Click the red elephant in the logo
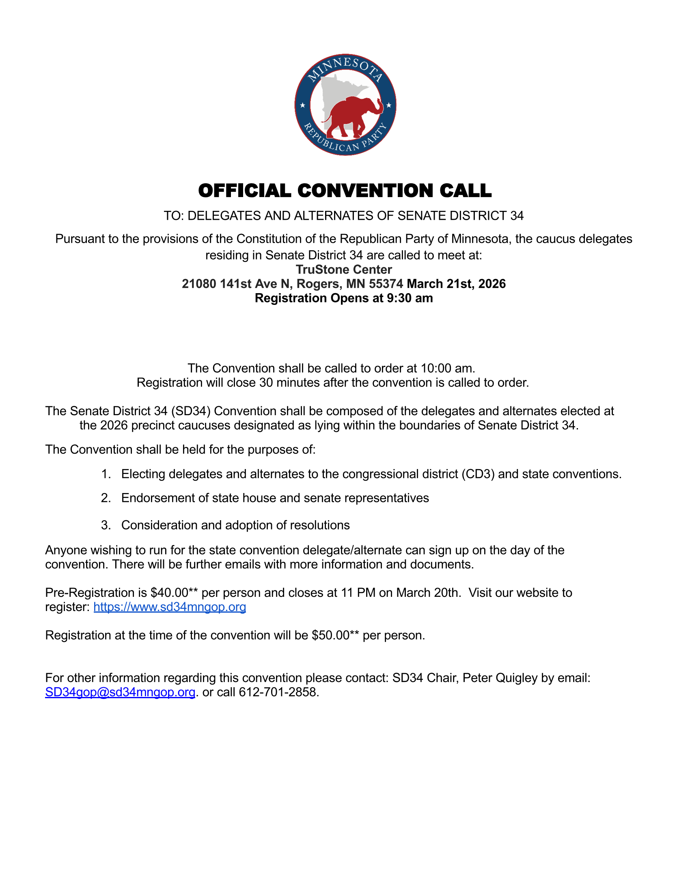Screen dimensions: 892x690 [354, 116]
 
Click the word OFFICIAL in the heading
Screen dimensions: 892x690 [244, 191]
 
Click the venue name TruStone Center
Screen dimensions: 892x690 [344, 270]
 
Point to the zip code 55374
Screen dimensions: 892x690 [386, 284]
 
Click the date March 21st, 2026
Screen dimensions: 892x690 [456, 284]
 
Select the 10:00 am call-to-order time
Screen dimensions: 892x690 [447, 368]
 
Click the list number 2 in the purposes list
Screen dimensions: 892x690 [106, 498]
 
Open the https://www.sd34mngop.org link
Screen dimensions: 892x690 [170, 607]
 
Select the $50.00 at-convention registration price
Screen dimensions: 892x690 [330, 635]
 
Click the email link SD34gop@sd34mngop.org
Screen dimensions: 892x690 [120, 692]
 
